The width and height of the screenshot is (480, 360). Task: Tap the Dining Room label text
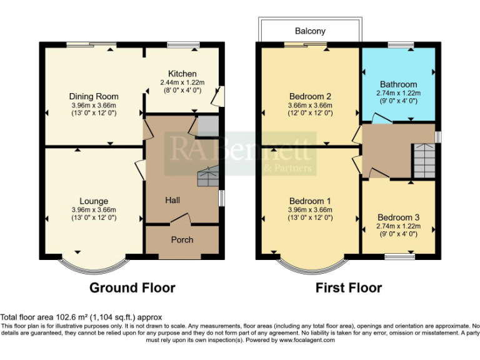[94, 96]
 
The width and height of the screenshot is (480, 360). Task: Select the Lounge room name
[94, 201]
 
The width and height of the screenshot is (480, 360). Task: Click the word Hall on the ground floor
[172, 200]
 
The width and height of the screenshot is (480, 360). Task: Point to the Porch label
[182, 239]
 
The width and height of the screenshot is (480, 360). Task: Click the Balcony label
[311, 31]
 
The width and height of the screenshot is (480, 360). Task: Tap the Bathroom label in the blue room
[399, 84]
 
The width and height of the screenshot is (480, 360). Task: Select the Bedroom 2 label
[310, 96]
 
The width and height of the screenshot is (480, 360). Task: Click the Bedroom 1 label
[310, 201]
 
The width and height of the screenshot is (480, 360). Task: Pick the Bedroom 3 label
[398, 217]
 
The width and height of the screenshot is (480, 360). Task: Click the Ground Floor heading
[132, 287]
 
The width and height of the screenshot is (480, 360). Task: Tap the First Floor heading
[348, 287]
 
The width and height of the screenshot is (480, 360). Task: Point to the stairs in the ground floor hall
[207, 177]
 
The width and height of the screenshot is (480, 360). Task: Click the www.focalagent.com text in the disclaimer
[307, 340]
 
